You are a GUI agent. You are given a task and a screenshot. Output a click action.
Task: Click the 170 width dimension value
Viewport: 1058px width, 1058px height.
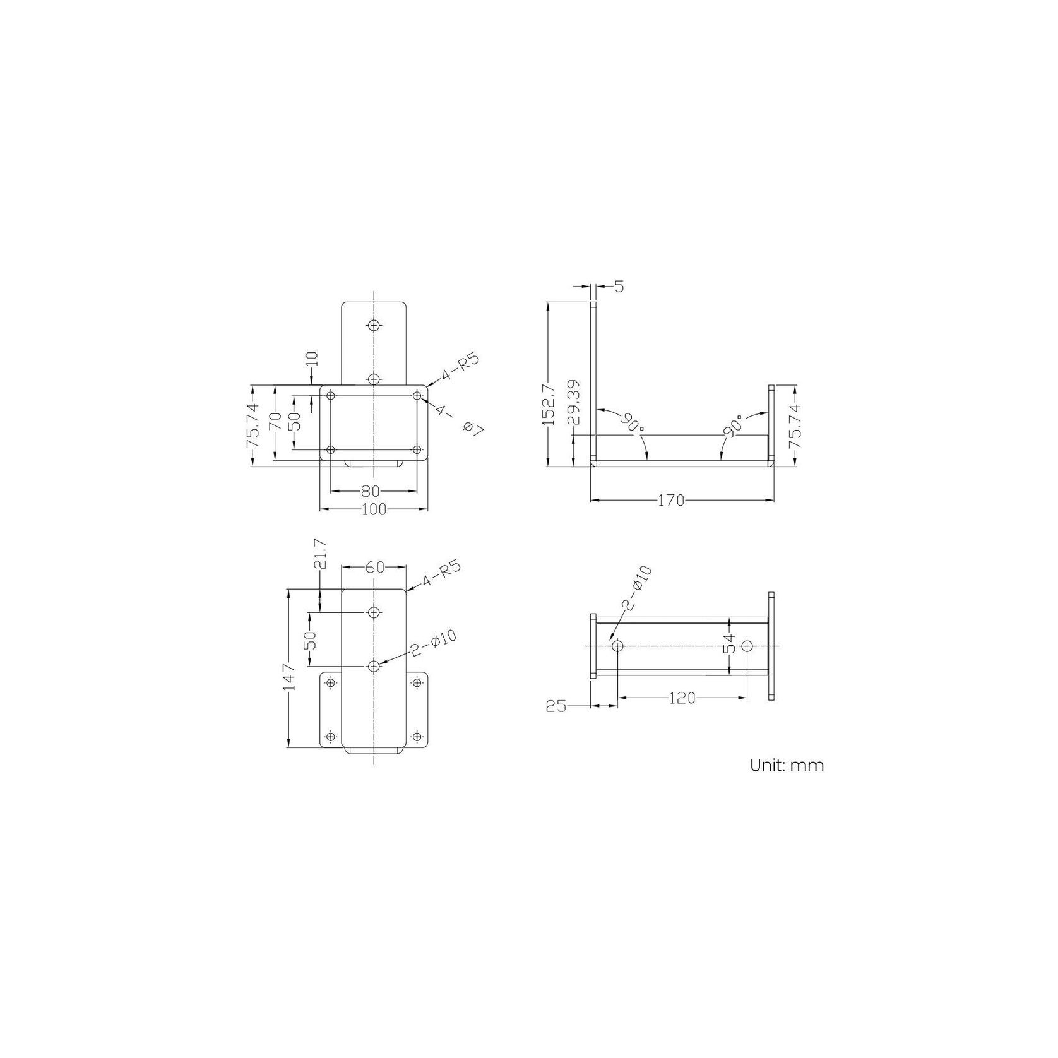tap(670, 501)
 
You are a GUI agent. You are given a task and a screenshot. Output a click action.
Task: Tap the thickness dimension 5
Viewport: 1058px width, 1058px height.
tap(619, 287)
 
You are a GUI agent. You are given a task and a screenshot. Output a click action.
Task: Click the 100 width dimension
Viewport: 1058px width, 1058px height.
tap(374, 509)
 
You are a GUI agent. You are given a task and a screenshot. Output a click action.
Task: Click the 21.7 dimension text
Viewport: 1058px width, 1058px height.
tap(319, 554)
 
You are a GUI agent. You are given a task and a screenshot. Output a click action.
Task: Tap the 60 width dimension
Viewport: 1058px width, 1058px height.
tap(374, 568)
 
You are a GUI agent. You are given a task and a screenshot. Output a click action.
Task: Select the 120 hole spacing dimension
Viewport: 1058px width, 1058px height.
tap(682, 698)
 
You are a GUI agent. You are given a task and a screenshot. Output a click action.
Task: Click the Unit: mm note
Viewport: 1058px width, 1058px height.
tap(787, 766)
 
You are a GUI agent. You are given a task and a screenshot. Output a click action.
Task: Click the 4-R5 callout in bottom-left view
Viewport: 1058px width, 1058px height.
tap(442, 574)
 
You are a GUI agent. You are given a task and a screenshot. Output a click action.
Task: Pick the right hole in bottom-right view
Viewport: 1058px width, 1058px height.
tap(747, 646)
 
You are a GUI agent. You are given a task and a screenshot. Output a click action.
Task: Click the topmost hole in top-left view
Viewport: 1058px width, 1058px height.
tap(374, 325)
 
